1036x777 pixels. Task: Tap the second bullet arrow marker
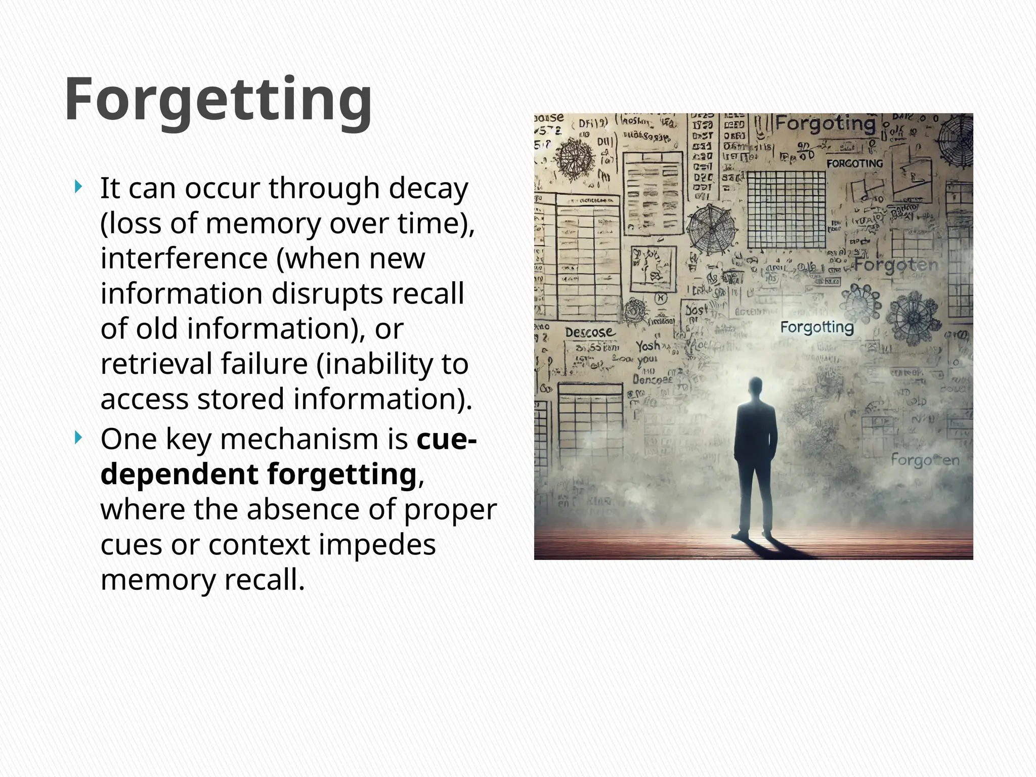(77, 438)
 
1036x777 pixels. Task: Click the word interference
(184, 258)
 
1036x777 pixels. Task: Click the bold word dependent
(180, 474)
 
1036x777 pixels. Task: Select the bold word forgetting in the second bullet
(341, 474)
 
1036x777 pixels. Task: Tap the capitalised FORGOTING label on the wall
(854, 163)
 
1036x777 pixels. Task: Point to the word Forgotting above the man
(816, 327)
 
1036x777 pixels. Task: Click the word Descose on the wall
(590, 332)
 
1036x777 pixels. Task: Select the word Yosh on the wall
(648, 346)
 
